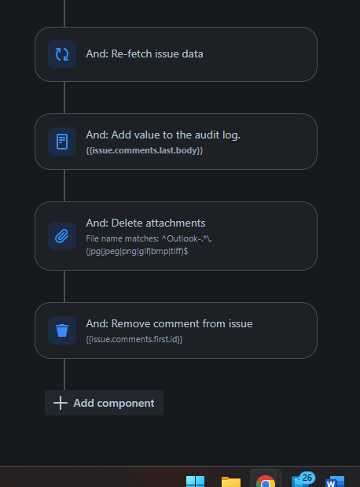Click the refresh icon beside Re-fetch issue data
pyautogui.click(x=62, y=54)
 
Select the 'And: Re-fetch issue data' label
pyautogui.click(x=145, y=53)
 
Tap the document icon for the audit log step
pyautogui.click(x=62, y=142)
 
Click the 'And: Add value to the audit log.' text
pyautogui.click(x=163, y=135)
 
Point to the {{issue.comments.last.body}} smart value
pyautogui.click(x=145, y=150)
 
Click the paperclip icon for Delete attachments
pyautogui.click(x=62, y=236)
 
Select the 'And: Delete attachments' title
pyautogui.click(x=145, y=223)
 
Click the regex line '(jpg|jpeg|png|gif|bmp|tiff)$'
pyautogui.click(x=137, y=251)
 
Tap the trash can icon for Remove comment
pyautogui.click(x=62, y=330)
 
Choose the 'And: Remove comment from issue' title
pyautogui.click(x=169, y=323)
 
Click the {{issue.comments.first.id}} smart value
pyautogui.click(x=134, y=339)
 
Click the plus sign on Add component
pyautogui.click(x=61, y=403)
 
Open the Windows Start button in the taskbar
pyautogui.click(x=195, y=481)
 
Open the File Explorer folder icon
pyautogui.click(x=231, y=482)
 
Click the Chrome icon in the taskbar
pyautogui.click(x=266, y=481)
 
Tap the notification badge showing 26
pyautogui.click(x=307, y=478)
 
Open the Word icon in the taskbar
pyautogui.click(x=335, y=481)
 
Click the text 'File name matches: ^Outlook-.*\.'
pyautogui.click(x=149, y=238)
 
